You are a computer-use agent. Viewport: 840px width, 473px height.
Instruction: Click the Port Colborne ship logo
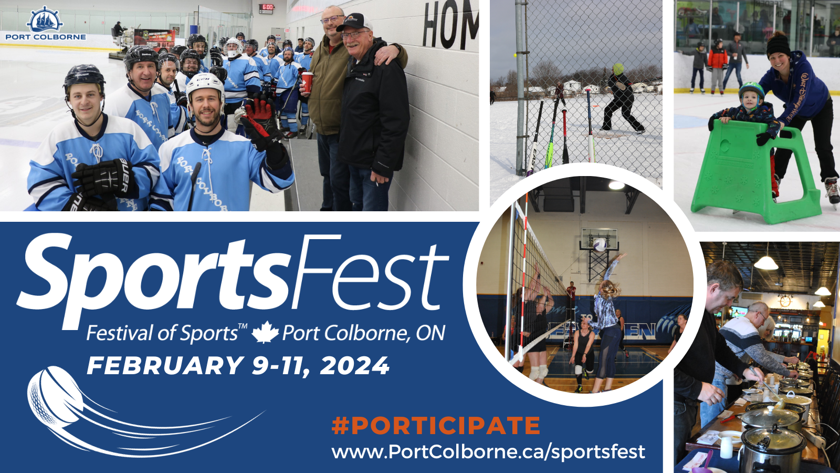45,19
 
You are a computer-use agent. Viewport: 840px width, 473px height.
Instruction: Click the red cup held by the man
307,83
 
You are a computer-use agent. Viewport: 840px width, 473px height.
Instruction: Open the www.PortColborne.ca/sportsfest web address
488,451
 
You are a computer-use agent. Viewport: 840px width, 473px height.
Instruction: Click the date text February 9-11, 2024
238,366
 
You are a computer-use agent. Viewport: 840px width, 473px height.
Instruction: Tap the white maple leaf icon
265,332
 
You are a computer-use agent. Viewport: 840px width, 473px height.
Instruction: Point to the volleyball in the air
600,245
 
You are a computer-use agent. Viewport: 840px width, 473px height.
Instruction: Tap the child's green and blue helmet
751,91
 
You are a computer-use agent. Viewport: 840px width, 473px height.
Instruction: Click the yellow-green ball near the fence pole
516,55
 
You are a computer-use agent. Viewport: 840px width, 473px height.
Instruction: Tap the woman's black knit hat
778,45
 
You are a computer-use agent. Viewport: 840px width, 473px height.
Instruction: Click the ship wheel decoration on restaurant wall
785,301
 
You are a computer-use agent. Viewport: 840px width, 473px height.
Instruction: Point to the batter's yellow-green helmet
618,69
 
